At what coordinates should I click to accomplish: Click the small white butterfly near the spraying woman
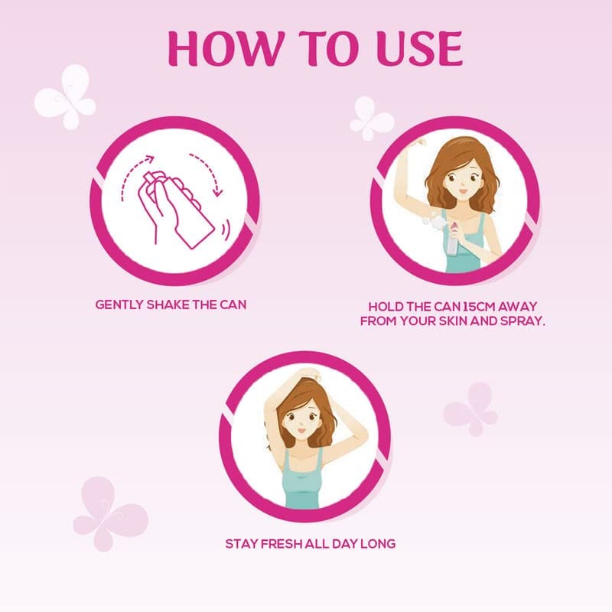click(371, 118)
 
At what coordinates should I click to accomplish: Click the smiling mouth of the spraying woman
click(463, 192)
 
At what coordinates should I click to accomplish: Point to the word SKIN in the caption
click(453, 321)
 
